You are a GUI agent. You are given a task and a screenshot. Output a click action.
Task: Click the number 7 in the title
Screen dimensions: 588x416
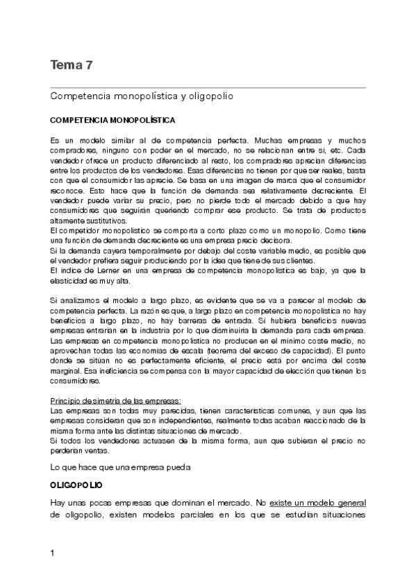pyautogui.click(x=89, y=65)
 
